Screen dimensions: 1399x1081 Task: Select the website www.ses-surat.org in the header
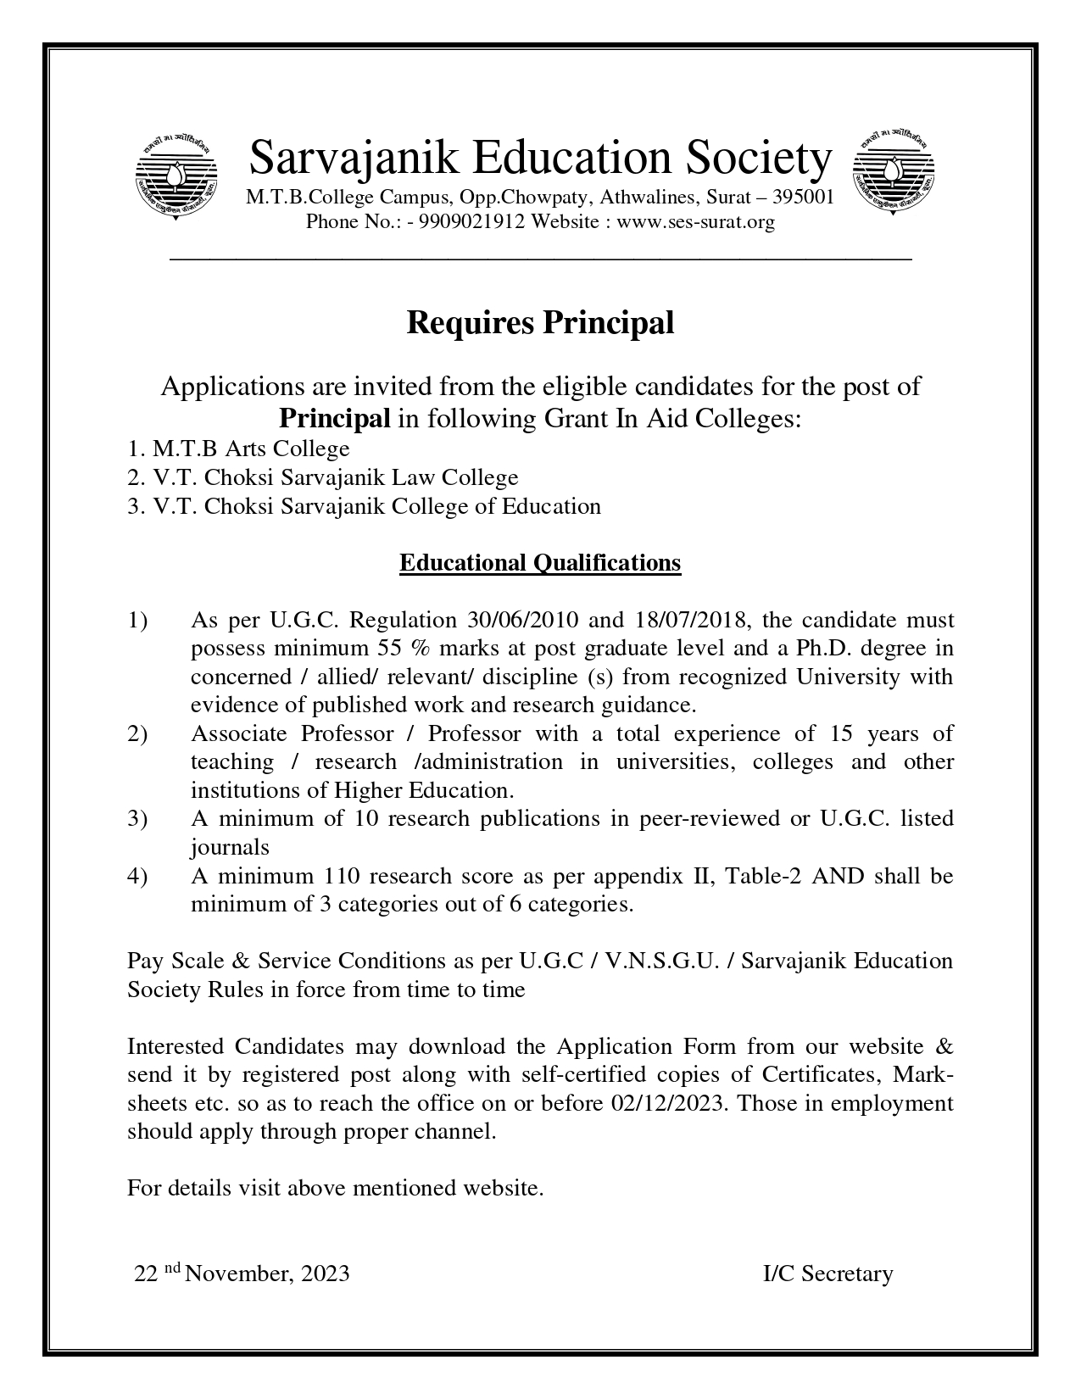pos(695,222)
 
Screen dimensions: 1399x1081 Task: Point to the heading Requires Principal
pos(540,323)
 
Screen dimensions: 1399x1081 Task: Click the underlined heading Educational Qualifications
pos(540,563)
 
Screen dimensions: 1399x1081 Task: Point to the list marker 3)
pos(138,818)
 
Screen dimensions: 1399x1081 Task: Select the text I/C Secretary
pos(827,1274)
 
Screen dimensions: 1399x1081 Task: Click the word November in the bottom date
pos(237,1274)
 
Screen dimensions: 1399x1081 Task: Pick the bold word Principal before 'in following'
pos(335,419)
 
